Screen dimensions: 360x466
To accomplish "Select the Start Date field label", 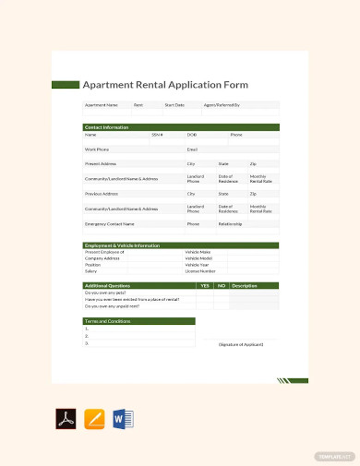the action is (174, 105).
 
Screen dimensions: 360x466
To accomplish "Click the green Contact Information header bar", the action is (180, 127).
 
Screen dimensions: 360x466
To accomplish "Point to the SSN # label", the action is (157, 135).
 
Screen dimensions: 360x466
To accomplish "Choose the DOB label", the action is (192, 135).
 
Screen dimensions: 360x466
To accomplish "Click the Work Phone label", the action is (97, 149).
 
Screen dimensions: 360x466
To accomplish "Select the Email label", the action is (192, 149).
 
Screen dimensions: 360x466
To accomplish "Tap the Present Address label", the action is (101, 163).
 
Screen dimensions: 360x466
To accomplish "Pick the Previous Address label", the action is (101, 194).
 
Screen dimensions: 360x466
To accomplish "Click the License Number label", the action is (200, 271).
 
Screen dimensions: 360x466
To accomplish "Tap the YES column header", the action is (204, 286).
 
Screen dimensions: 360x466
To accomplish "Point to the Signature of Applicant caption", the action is (241, 344).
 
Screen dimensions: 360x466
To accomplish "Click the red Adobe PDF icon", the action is (66, 419).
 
